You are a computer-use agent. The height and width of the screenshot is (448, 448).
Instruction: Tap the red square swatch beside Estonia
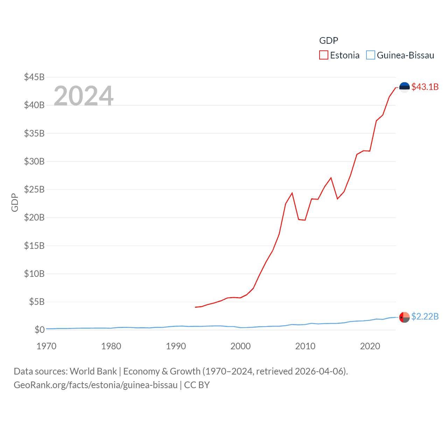click(x=324, y=55)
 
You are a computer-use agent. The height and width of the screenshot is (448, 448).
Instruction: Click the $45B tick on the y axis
click(x=34, y=77)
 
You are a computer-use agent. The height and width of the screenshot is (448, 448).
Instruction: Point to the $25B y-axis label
click(x=34, y=189)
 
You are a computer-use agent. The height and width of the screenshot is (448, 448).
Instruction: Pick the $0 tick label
click(x=40, y=330)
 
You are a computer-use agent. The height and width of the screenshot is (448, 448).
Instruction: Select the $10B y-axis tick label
click(x=34, y=274)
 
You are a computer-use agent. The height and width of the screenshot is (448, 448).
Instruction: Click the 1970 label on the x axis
click(x=46, y=346)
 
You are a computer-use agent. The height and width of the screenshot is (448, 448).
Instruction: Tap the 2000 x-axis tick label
click(x=240, y=346)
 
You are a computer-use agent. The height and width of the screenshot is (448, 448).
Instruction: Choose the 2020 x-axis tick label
click(x=370, y=346)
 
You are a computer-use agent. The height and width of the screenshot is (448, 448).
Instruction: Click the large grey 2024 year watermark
click(x=83, y=96)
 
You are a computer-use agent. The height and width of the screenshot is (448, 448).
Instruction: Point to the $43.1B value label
click(x=425, y=87)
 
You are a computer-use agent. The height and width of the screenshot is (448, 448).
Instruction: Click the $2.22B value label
click(x=425, y=316)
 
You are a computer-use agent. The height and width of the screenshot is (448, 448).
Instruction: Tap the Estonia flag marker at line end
click(x=404, y=87)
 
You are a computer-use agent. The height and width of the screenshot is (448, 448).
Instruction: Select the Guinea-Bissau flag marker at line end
click(x=404, y=317)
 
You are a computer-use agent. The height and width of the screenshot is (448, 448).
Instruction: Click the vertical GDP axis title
click(x=15, y=202)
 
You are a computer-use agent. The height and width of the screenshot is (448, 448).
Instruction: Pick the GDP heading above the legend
click(x=329, y=41)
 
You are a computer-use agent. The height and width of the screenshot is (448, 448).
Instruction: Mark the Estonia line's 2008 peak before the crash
click(x=292, y=193)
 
